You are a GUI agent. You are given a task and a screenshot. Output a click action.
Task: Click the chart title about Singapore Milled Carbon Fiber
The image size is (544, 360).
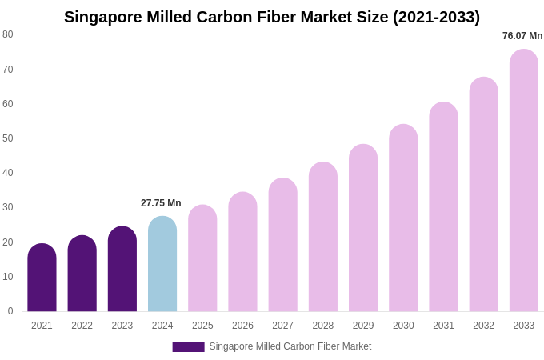[272, 17]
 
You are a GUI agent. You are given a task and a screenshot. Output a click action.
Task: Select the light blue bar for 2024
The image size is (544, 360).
[162, 264]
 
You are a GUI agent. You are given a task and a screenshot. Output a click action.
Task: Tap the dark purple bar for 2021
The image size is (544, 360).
[42, 278]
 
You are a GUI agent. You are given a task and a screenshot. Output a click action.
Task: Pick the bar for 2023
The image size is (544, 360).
[122, 269]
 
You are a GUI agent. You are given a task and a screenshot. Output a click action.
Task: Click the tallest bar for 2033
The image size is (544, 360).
[524, 180]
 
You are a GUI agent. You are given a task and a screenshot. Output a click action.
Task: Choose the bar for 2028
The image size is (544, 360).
[323, 237]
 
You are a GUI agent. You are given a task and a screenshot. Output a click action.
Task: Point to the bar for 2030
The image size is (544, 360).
[403, 218]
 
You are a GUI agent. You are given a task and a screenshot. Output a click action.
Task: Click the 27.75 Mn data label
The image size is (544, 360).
[161, 203]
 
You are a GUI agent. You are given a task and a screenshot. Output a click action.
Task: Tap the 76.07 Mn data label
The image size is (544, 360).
[522, 36]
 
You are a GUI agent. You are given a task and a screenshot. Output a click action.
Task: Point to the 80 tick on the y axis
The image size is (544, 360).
[8, 34]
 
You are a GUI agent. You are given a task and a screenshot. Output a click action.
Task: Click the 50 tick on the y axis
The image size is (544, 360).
[8, 138]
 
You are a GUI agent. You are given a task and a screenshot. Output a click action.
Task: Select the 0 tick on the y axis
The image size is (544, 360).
[10, 311]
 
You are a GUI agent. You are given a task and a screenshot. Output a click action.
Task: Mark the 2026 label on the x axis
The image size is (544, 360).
[242, 326]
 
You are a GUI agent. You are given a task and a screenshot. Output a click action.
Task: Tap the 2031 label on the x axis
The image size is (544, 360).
[443, 326]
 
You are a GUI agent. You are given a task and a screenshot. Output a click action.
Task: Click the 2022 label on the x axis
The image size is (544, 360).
[82, 326]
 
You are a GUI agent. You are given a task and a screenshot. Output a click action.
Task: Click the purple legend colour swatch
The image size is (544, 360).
[188, 347]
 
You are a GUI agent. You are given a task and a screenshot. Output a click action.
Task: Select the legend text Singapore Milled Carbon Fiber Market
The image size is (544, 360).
[290, 346]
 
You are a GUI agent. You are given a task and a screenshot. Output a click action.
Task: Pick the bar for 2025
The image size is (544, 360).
[202, 258]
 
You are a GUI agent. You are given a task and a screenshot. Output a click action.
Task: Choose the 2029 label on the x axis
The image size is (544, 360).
[363, 326]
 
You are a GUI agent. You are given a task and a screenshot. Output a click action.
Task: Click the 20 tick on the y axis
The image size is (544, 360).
[8, 242]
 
